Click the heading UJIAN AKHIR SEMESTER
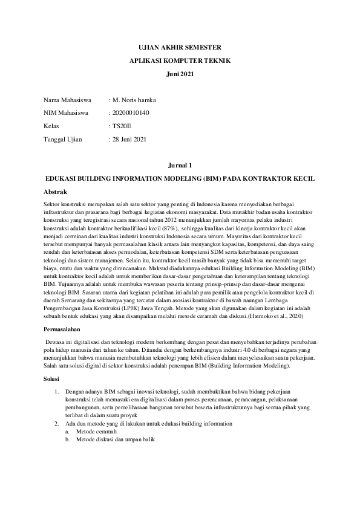click(x=180, y=47)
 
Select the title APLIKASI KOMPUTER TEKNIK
click(x=180, y=60)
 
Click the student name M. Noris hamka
click(x=134, y=99)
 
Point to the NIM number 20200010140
click(x=131, y=112)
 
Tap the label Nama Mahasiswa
click(x=67, y=99)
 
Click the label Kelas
click(x=52, y=126)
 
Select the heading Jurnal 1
click(x=180, y=165)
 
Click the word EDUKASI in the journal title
click(x=63, y=180)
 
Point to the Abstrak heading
click(x=56, y=191)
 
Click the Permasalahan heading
click(x=62, y=331)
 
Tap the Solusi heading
click(x=52, y=378)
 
